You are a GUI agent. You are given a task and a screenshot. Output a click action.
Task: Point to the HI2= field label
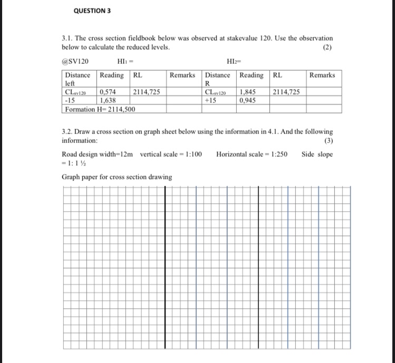tap(233, 62)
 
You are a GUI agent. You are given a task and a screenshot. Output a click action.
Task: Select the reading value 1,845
tap(249, 92)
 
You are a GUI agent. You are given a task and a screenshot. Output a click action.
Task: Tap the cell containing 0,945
tap(249, 100)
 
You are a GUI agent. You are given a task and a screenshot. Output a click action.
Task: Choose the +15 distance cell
tap(211, 100)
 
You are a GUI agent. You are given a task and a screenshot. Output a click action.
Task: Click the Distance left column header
tap(78, 79)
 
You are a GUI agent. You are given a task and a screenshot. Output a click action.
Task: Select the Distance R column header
tap(218, 79)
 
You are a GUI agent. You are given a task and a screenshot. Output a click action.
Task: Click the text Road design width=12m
tap(98, 154)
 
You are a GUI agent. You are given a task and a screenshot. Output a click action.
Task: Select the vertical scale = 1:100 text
tap(171, 154)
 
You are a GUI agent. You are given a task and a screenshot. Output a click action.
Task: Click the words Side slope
tap(317, 154)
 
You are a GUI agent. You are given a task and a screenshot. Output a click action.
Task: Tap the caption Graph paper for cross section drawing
tap(117, 177)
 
